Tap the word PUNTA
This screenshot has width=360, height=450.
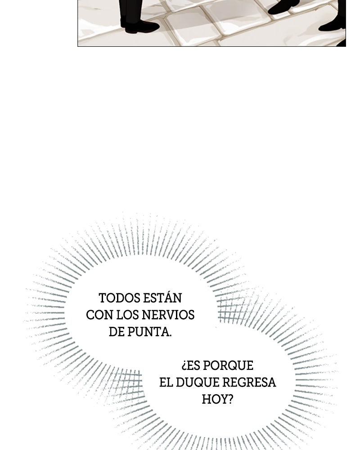pyautogui.click(x=148, y=332)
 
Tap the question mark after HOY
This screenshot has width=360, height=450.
pyautogui.click(x=230, y=399)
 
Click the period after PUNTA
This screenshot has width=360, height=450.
pyautogui.click(x=170, y=335)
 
